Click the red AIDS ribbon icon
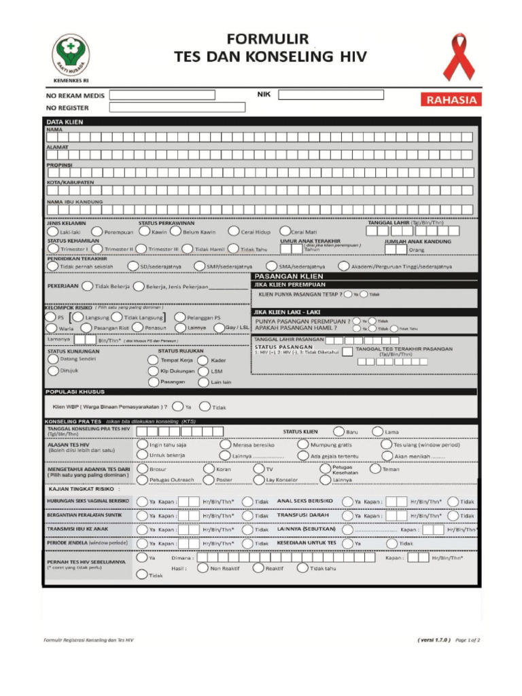tap(459, 58)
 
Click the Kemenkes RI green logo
tap(71, 54)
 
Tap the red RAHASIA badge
tap(453, 100)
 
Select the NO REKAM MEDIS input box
tap(162, 95)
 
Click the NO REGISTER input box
tap(177, 107)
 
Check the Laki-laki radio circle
tap(52, 232)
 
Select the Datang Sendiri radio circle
tap(53, 358)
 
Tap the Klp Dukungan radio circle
tap(153, 371)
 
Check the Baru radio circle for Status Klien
tap(338, 432)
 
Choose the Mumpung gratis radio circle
tap(303, 445)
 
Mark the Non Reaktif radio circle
tap(202, 568)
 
